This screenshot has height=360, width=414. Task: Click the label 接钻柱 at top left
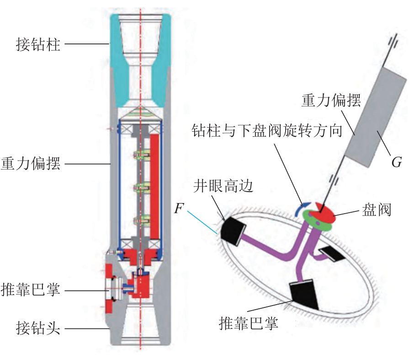tap(38, 44)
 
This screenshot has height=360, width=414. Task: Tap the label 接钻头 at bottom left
tap(38, 328)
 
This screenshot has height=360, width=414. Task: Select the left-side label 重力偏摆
tap(31, 164)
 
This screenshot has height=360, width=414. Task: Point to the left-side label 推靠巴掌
tap(31, 290)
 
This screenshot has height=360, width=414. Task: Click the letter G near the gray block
tap(396, 162)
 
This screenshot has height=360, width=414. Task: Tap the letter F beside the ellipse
tap(179, 209)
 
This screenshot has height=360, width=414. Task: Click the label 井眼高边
tap(223, 186)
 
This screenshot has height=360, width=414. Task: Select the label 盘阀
tap(376, 210)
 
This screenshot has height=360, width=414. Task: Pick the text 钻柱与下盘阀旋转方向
tap(267, 130)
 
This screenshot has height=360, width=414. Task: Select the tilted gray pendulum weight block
tap(377, 117)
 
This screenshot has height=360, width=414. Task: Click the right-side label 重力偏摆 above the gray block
tap(331, 101)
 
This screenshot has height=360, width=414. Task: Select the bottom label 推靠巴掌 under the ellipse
tap(249, 323)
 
